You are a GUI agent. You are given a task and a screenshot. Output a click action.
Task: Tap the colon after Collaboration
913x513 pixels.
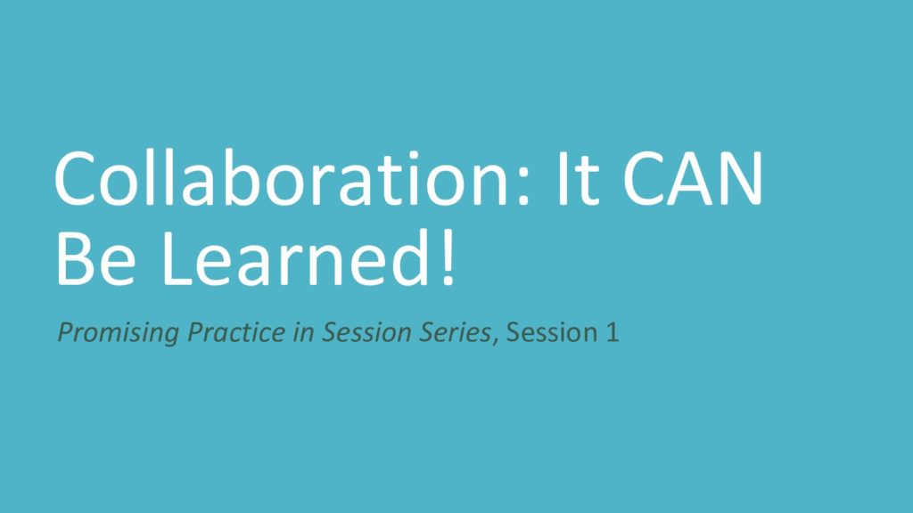point(522,185)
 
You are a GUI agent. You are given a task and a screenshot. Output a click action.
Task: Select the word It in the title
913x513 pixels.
point(578,178)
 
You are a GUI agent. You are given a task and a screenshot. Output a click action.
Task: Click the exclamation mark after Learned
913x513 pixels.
point(448,257)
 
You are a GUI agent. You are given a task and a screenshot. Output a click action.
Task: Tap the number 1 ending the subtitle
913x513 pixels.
point(612,332)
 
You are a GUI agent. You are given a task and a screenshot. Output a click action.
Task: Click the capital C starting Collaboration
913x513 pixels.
point(75,178)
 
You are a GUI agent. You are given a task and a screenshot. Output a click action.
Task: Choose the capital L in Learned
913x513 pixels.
point(177,258)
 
